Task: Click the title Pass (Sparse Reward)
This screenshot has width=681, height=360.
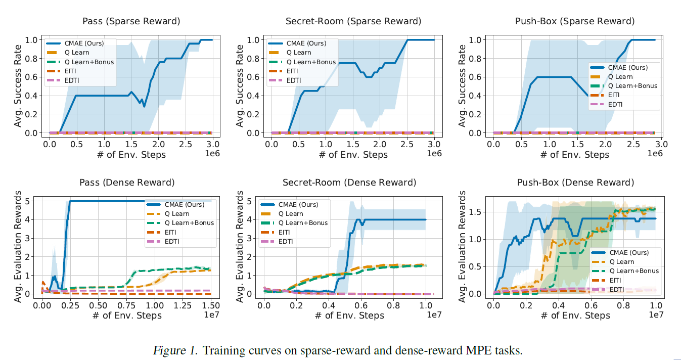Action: tap(131, 21)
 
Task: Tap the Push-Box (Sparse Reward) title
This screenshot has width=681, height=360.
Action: tap(575, 21)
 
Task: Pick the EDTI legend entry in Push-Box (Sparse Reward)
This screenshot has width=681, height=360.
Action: tap(615, 104)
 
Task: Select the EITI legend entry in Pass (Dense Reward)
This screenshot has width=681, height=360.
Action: tap(171, 232)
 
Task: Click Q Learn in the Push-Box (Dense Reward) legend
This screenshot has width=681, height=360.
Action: tap(621, 262)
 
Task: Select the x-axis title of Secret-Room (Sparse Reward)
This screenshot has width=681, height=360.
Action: tap(353, 155)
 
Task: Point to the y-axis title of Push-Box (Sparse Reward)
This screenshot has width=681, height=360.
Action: tap(463, 86)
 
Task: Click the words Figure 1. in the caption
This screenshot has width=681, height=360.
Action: tap(175, 350)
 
